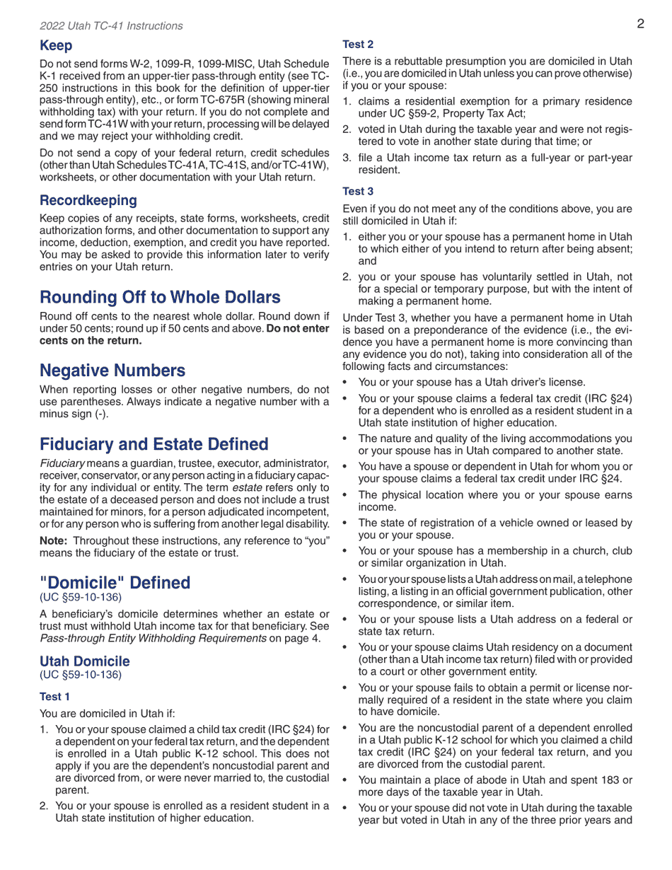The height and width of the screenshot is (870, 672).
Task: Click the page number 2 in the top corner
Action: pyautogui.click(x=640, y=24)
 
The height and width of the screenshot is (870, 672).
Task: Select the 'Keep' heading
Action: pyautogui.click(x=56, y=46)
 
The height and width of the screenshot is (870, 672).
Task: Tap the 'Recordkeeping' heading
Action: pyautogui.click(x=88, y=201)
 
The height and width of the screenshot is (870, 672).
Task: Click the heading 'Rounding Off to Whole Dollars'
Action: pyautogui.click(x=160, y=297)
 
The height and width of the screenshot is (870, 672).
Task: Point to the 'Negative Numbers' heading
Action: pyautogui.click(x=112, y=371)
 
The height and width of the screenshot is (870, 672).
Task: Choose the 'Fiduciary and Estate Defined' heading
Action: pyautogui.click(x=154, y=445)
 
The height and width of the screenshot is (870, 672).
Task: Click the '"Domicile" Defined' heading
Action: pyautogui.click(x=115, y=583)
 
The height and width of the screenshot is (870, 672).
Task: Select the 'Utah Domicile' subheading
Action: pyautogui.click(x=85, y=661)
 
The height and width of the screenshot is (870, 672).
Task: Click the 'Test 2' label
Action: pyautogui.click(x=358, y=45)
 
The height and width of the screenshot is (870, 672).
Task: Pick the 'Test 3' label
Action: pyautogui.click(x=358, y=192)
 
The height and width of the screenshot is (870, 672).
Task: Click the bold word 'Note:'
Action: pyautogui.click(x=54, y=540)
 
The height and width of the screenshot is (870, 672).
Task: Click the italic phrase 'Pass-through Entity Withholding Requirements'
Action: pyautogui.click(x=153, y=639)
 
